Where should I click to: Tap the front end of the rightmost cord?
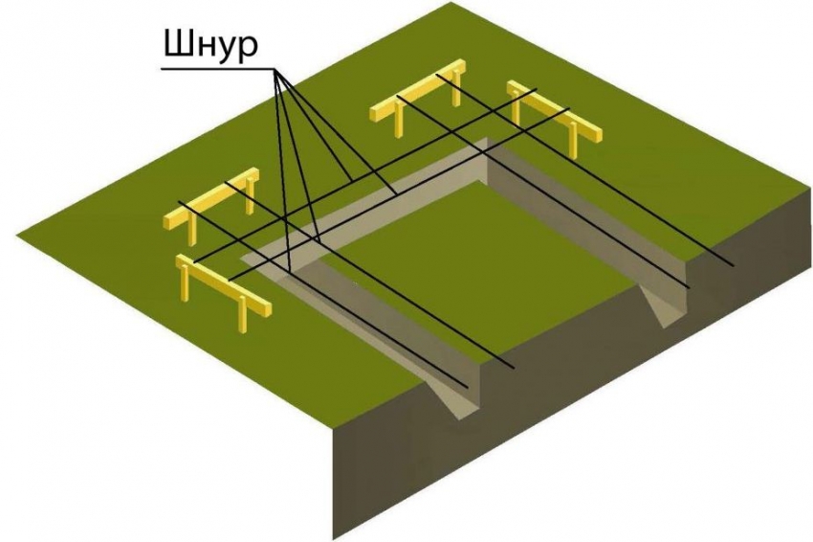click(735, 265)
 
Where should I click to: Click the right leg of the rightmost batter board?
click(575, 144)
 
